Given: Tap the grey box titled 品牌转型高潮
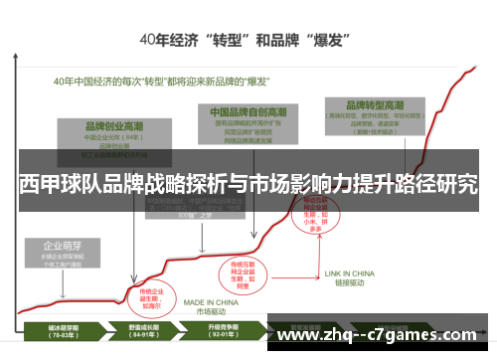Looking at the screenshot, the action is [x=375, y=115].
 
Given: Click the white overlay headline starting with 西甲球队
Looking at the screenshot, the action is [x=248, y=183].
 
